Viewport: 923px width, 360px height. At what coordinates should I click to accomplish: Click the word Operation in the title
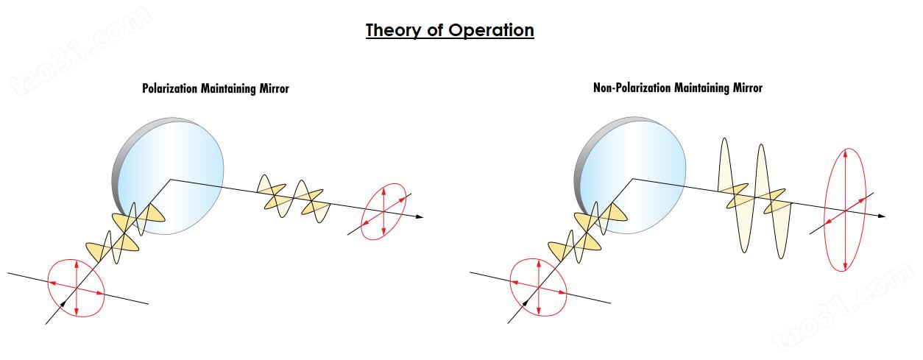point(491,30)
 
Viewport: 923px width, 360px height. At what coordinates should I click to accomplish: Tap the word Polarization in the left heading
point(170,88)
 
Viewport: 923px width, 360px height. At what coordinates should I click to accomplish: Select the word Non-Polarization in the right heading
point(632,88)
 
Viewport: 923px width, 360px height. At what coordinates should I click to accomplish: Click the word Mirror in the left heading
point(274,88)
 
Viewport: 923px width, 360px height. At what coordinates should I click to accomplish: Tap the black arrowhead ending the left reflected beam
point(419,216)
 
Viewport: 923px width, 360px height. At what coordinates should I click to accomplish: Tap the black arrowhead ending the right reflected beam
point(881,216)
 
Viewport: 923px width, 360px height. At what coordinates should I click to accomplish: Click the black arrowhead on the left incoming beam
point(63,304)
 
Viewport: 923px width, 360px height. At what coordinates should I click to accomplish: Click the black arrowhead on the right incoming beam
point(525,303)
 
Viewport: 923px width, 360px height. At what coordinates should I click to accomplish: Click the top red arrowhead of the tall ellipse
point(846,153)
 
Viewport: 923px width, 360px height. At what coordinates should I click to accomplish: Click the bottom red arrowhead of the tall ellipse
point(846,267)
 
